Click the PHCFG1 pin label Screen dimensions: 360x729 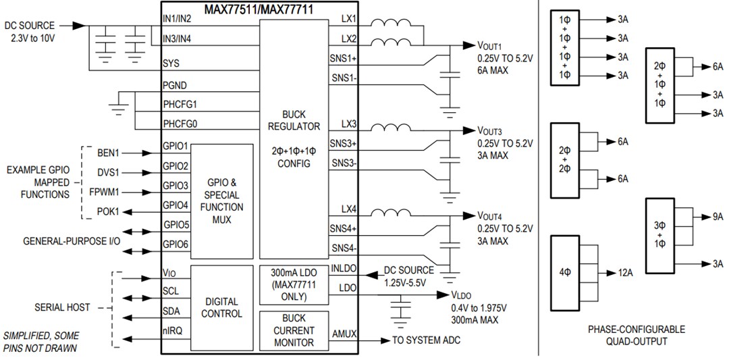point(184,105)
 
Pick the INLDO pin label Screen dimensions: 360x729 point(344,269)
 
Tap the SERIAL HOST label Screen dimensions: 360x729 point(62,307)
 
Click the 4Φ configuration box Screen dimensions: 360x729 point(566,273)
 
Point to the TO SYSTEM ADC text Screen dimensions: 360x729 point(426,340)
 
